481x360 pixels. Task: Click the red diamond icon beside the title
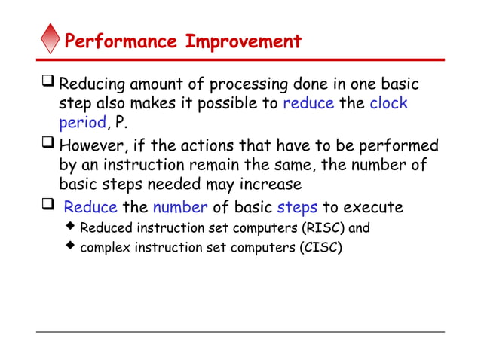tap(51, 38)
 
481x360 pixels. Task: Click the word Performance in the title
tap(122, 41)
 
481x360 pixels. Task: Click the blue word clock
tap(388, 103)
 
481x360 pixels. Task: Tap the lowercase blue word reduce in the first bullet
tap(308, 103)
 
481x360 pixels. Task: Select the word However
tap(93, 145)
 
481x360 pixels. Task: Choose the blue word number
tap(179, 206)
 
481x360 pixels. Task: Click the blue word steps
tap(298, 206)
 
